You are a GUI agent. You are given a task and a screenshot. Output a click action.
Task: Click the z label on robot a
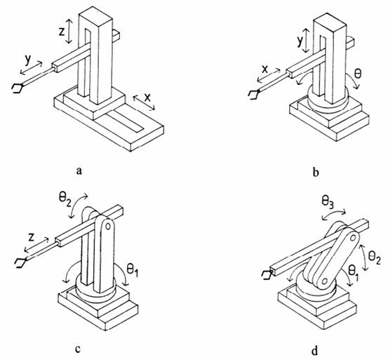62,32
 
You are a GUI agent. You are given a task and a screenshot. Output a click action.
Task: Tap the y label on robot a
27,60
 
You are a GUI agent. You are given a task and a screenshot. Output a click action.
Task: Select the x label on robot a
147,98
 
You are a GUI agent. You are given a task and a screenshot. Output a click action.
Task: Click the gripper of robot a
18,88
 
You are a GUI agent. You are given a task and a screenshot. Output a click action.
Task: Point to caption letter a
79,171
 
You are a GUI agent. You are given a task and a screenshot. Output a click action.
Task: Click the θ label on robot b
358,74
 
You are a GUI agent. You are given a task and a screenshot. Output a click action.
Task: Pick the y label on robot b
300,41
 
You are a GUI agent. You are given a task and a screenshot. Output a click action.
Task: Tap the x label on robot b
265,69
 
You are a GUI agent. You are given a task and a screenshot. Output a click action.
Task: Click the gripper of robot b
253,95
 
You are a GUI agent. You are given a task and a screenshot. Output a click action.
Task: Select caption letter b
316,172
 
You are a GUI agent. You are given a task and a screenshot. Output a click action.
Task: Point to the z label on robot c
31,237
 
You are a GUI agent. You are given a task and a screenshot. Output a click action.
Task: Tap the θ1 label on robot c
132,269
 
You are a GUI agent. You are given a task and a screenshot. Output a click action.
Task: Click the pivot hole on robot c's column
108,226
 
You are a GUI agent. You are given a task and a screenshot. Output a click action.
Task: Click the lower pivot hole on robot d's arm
325,281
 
